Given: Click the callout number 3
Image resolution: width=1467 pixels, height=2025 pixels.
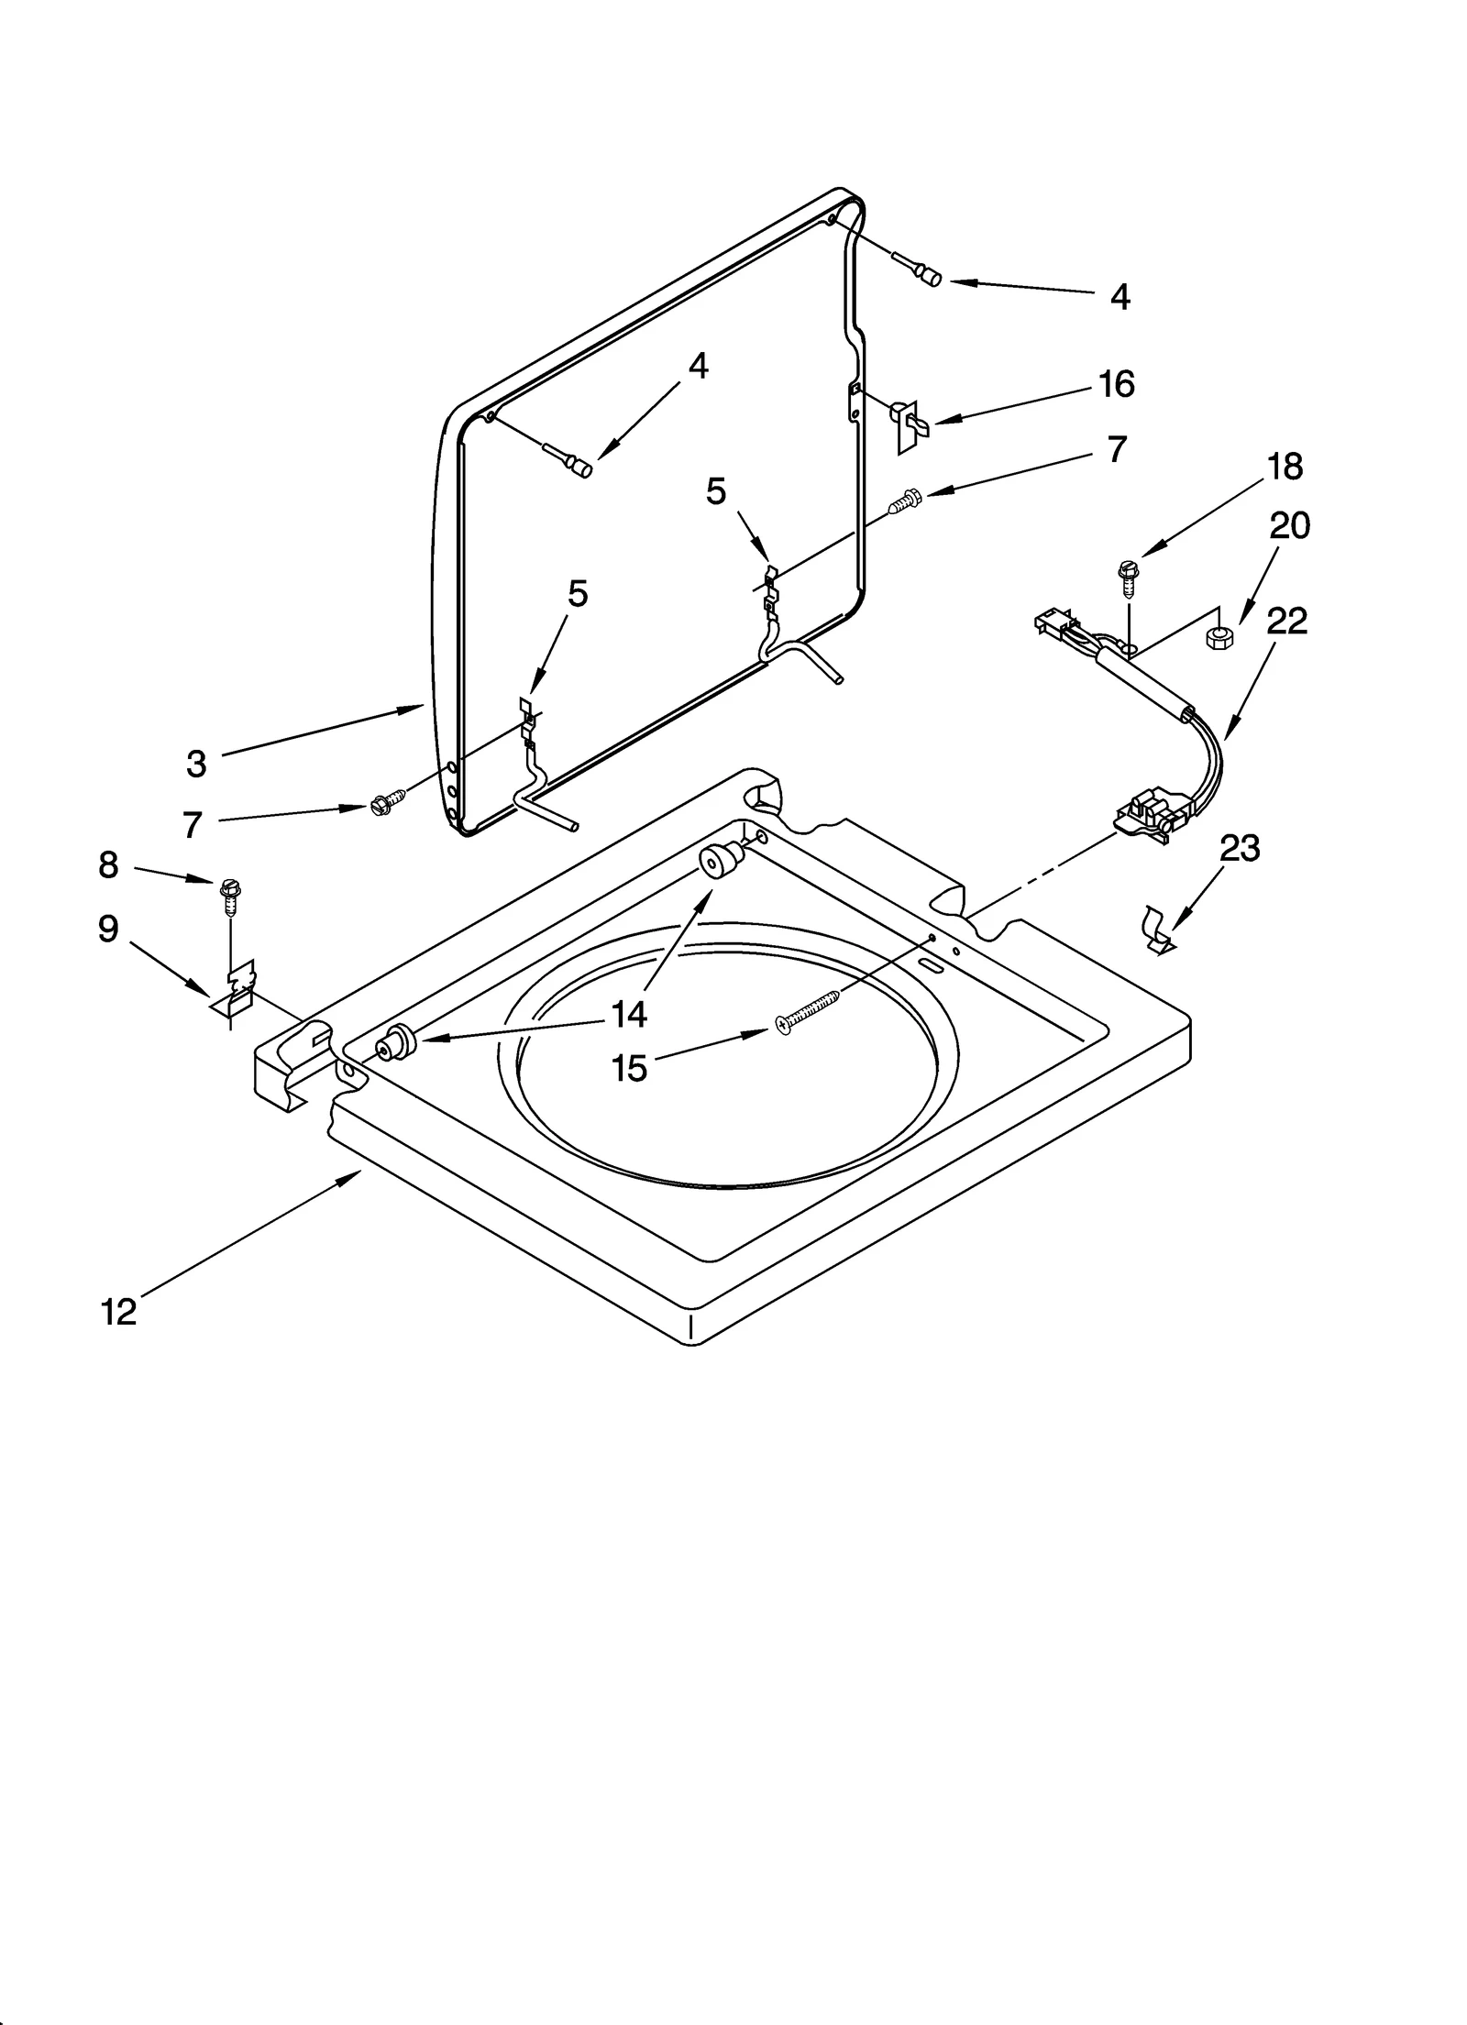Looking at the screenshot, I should point(196,763).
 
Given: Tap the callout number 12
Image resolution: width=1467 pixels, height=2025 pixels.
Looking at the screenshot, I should point(118,1312).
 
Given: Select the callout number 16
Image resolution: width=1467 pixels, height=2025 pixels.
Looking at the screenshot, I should point(1116,384).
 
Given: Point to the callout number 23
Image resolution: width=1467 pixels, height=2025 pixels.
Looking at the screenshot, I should point(1240,848).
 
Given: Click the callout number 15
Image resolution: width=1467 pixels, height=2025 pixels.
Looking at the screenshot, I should point(630,1068).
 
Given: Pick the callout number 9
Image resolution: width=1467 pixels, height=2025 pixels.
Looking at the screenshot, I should point(108,929).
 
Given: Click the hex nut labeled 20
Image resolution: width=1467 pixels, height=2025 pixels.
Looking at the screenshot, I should point(1219,634).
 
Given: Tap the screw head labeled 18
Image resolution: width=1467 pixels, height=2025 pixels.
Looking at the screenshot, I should point(1128,570).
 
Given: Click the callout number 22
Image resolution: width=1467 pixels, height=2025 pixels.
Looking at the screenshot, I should point(1286,621).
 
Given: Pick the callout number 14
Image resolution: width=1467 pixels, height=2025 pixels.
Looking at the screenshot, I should point(630,1013).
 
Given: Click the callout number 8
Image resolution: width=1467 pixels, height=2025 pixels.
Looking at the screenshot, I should point(108,864).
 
